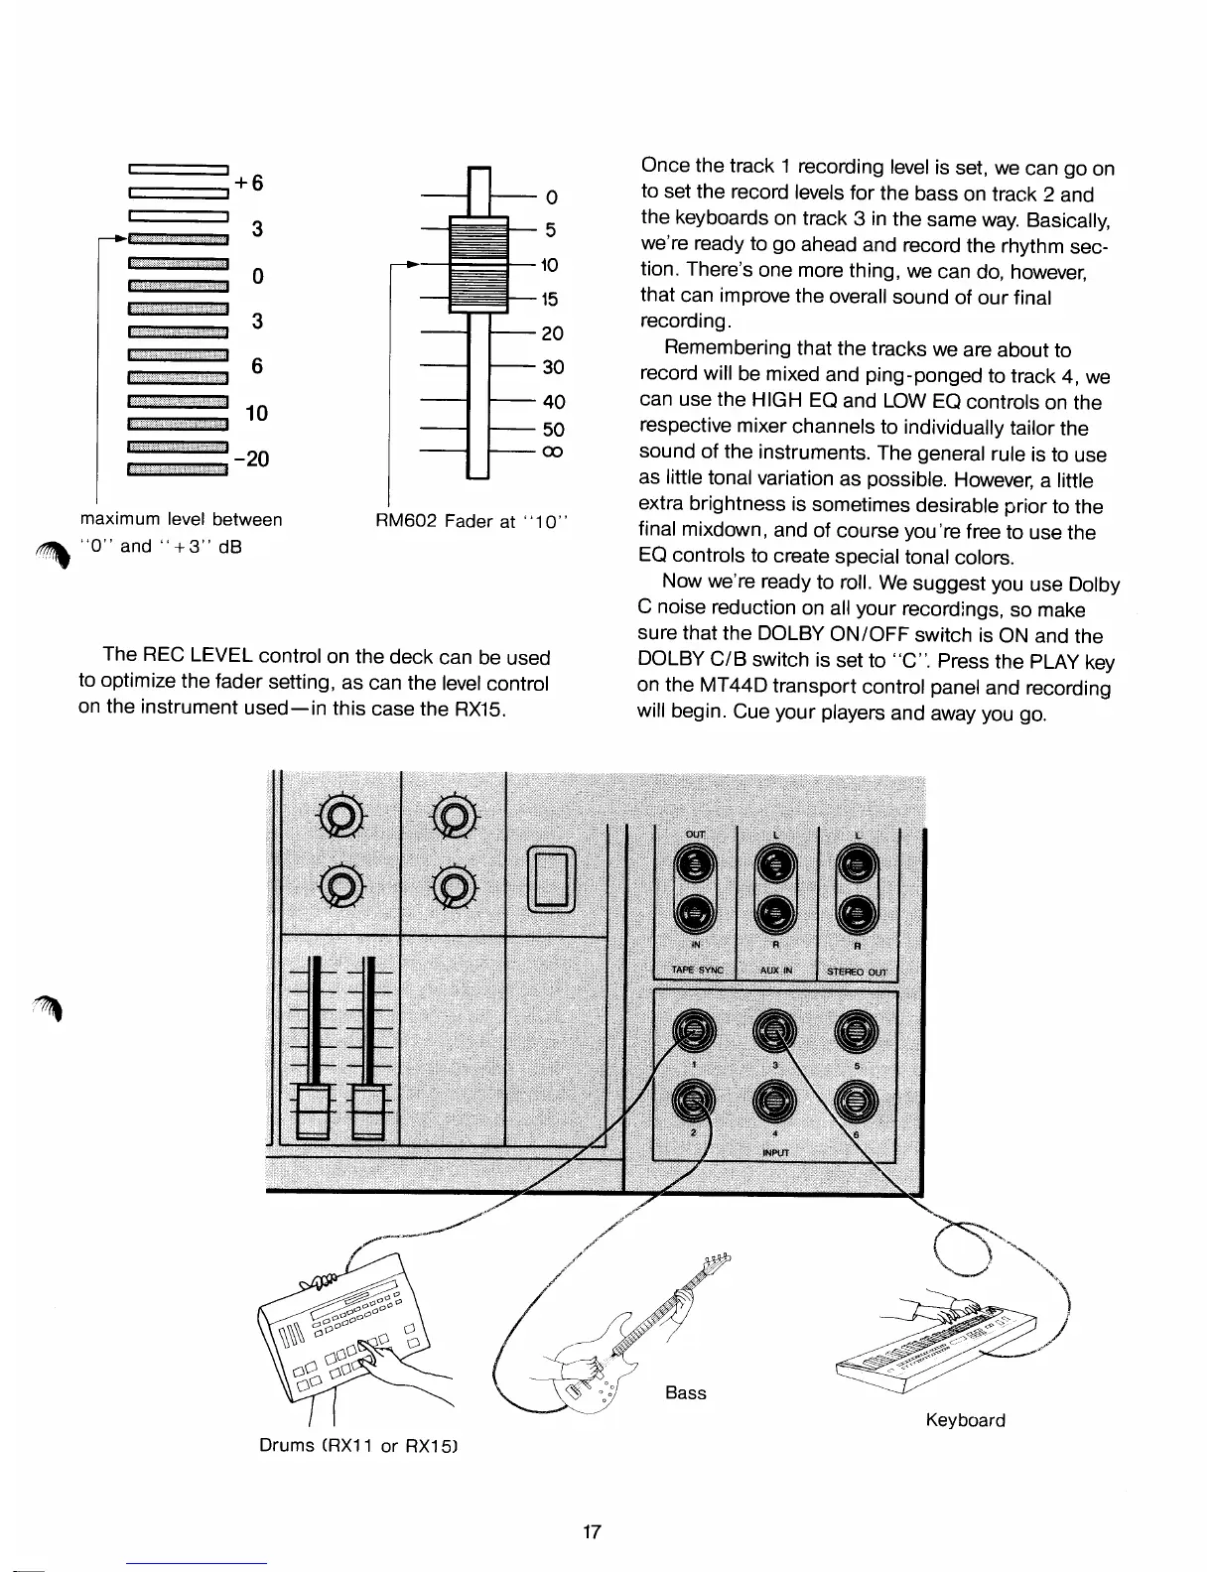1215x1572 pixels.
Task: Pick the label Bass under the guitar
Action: (686, 1393)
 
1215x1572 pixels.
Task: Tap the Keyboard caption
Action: (965, 1420)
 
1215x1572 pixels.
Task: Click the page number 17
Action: (592, 1531)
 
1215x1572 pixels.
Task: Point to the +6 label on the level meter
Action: (249, 184)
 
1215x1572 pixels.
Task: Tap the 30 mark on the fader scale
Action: (553, 367)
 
